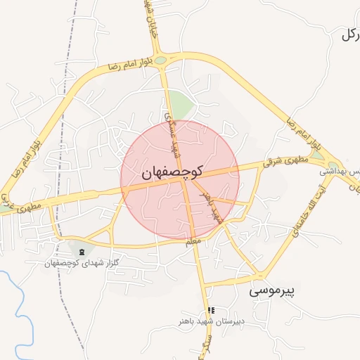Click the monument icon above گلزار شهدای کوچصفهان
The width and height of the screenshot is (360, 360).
[x=82, y=251]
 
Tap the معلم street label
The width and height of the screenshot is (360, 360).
[x=193, y=242]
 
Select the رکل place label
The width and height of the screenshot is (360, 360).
[x=349, y=35]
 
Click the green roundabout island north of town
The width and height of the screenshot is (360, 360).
[x=161, y=60]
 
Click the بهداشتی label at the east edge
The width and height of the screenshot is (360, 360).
[x=343, y=172]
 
